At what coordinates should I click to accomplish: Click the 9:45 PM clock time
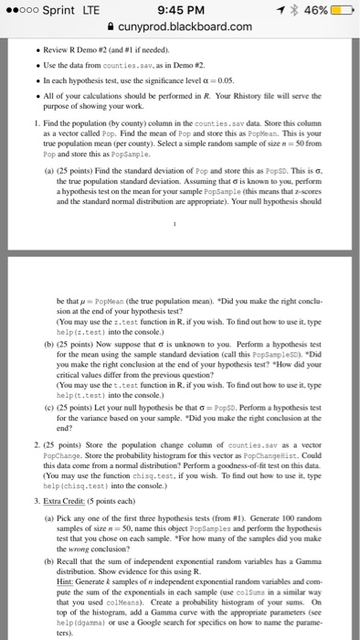pyautogui.click(x=181, y=12)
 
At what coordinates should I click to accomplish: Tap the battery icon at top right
pyautogui.click(x=339, y=12)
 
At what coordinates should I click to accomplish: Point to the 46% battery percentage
pyautogui.click(x=308, y=12)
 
